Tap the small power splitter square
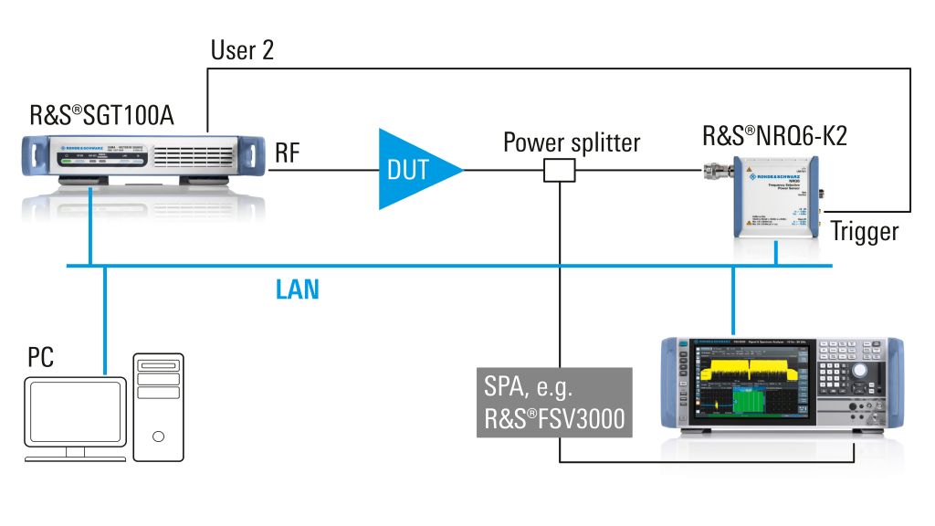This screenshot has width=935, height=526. click(x=558, y=170)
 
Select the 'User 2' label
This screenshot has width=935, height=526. click(x=242, y=50)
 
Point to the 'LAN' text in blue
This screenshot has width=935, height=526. click(x=298, y=290)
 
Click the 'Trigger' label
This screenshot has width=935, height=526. click(x=864, y=231)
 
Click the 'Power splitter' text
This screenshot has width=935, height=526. click(x=572, y=142)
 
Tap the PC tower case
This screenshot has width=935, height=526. click(x=161, y=406)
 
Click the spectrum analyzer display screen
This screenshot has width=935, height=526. click(x=748, y=384)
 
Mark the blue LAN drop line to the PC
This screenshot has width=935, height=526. click(x=105, y=320)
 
